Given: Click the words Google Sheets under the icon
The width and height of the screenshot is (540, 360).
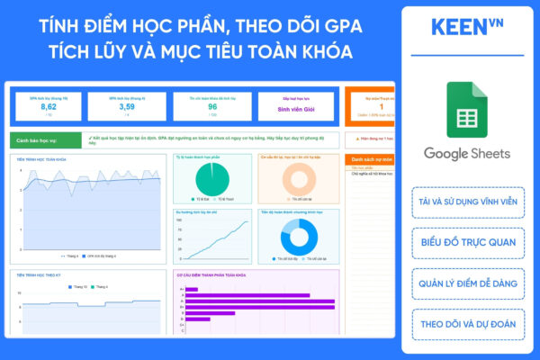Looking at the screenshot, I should pyautogui.click(x=467, y=153).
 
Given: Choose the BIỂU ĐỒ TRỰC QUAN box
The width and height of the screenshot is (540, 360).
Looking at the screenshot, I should pyautogui.click(x=467, y=241).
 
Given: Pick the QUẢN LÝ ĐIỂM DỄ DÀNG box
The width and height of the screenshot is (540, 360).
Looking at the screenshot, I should pyautogui.click(x=467, y=282).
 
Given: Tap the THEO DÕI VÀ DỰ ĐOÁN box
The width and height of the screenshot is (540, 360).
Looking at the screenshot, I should pyautogui.click(x=467, y=322).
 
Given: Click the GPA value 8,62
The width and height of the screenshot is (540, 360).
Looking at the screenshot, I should pyautogui.click(x=49, y=106).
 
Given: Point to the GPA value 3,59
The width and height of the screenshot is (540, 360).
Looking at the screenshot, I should pyautogui.click(x=128, y=106).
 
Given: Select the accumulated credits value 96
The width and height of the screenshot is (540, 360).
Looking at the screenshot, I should pyautogui.click(x=212, y=106).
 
